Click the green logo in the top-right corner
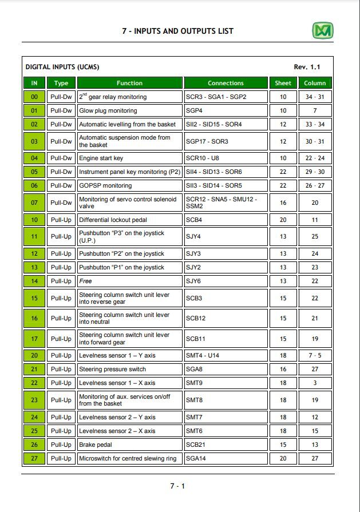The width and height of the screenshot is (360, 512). pos(323,30)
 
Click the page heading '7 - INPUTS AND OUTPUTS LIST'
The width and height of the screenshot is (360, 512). pos(177,31)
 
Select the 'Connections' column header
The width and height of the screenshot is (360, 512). pos(226,83)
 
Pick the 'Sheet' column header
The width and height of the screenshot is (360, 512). pos(283,83)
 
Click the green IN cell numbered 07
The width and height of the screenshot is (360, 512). pos(34,203)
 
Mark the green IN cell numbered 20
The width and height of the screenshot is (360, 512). pos(34,355)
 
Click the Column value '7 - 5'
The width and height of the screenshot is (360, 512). pos(315,355)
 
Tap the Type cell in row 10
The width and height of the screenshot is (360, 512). pos(61,219)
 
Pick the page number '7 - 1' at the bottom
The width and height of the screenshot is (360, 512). pos(177,486)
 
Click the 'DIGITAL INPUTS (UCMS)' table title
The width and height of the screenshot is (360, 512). pos(62,67)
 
